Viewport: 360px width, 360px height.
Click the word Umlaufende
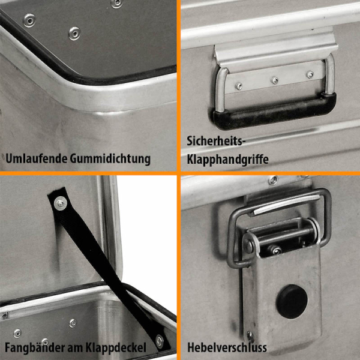36,158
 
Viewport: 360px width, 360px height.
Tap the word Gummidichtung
110,159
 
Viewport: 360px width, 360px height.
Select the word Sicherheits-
216,141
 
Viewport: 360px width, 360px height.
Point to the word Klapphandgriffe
227,160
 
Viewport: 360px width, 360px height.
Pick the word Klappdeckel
116,348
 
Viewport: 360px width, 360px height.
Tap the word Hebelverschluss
227,347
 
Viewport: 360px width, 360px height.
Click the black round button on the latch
292,301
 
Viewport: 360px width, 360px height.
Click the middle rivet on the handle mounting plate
275,80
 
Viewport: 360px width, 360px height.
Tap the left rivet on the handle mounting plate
239,86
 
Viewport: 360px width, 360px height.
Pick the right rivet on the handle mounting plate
310,74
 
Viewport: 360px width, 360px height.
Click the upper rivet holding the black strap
61,203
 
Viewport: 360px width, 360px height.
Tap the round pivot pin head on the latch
248,246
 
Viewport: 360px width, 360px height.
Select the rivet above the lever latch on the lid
273,180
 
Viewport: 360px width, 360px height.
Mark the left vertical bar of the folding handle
221,90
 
